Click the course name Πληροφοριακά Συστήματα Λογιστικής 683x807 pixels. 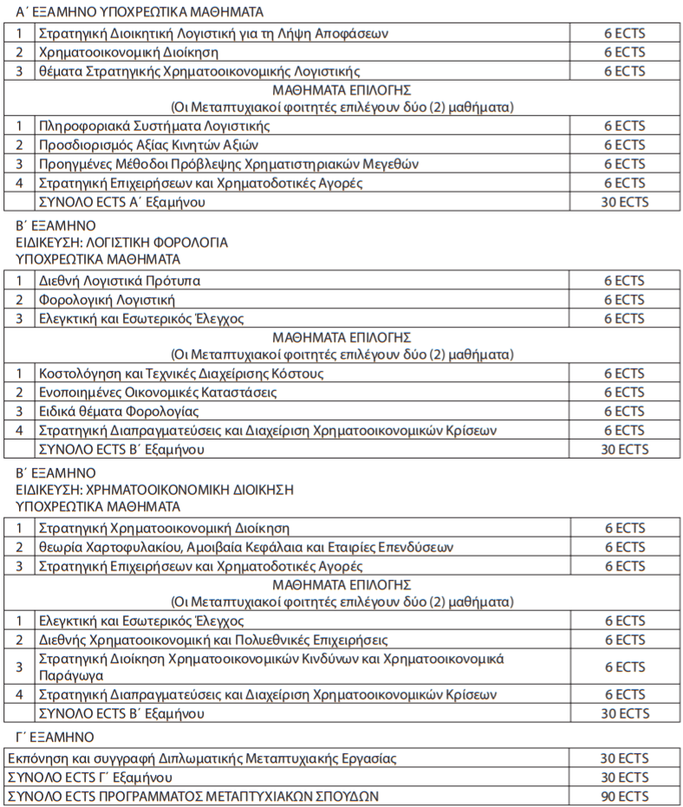tap(148, 127)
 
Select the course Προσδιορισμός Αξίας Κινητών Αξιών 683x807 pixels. tap(148, 145)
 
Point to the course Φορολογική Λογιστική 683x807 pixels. tap(107, 300)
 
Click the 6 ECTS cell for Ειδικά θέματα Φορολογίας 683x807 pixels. tap(624, 411)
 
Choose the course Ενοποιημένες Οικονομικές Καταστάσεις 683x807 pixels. tap(158, 393)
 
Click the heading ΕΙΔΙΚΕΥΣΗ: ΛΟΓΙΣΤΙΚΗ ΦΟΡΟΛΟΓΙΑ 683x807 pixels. tap(122, 243)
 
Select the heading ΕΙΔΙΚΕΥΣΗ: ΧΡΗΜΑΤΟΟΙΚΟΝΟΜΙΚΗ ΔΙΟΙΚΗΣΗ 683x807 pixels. tap(154, 490)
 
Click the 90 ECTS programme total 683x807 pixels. tap(624, 796)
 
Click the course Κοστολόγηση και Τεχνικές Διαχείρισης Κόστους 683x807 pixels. tap(181, 374)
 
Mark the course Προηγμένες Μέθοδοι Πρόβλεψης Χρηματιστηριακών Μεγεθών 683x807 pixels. tap(229, 164)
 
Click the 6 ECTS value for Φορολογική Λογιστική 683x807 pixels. tap(624, 300)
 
